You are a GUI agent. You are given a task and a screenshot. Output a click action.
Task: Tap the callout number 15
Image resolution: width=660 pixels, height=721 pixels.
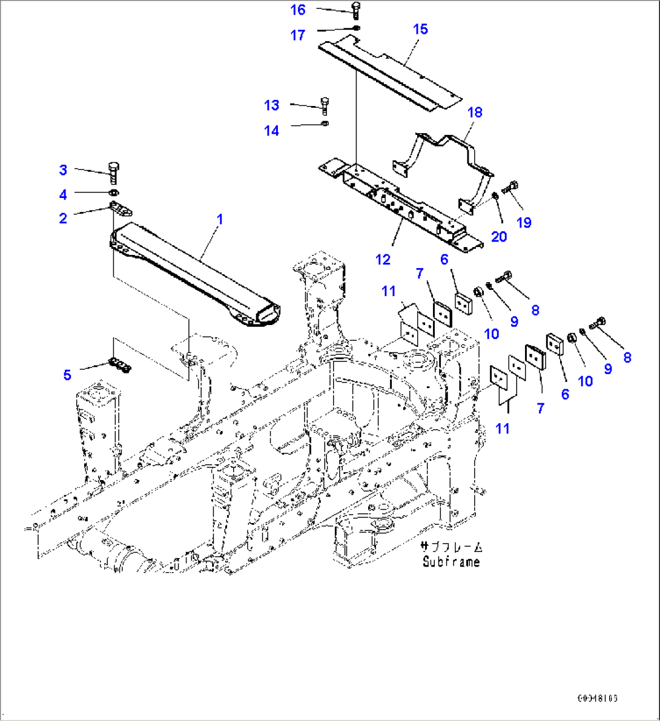coord(420,29)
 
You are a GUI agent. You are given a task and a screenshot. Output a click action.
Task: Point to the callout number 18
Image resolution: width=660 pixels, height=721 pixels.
coord(475,113)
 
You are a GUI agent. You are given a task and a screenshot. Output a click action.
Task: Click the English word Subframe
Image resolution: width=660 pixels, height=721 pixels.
coord(452,562)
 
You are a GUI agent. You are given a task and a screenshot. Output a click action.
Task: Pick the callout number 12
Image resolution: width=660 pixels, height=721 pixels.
coord(383,260)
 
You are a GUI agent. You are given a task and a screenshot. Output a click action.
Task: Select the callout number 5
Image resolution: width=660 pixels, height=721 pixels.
coord(67,375)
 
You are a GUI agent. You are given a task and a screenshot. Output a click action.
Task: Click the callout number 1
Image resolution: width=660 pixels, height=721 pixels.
coord(220,219)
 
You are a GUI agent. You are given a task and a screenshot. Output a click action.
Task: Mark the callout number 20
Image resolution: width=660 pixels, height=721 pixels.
coord(499,236)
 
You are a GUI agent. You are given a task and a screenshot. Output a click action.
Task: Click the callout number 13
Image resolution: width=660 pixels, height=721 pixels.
coord(272,105)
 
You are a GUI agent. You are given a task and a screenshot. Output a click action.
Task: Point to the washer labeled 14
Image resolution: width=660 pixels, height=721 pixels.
coord(325,124)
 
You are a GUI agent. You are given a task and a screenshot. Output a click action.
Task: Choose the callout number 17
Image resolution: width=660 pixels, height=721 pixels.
coord(297,35)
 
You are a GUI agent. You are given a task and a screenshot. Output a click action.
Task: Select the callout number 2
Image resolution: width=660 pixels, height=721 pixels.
coord(63,218)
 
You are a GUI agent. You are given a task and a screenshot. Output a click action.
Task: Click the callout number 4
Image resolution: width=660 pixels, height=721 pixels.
coord(63,194)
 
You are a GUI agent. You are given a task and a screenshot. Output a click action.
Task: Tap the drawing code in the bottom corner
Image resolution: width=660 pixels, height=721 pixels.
coord(597,698)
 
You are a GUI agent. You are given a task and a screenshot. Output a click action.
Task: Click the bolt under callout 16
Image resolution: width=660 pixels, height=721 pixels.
coord(356,10)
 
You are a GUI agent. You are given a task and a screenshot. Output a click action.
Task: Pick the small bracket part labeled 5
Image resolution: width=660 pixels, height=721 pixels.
coord(119,365)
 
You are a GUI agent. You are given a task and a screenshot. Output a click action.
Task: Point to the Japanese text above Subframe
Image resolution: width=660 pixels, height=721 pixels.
coord(452,547)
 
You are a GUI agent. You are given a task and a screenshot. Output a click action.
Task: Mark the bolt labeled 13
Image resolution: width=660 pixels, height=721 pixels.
coord(325,106)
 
